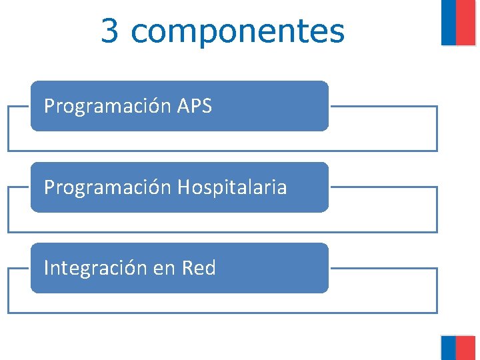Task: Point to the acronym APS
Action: [x=195, y=106]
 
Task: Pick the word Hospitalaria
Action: [x=232, y=187]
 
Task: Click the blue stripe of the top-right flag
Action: [x=449, y=22]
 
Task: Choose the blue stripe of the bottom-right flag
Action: [x=449, y=347]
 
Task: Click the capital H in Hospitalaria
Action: [x=183, y=187]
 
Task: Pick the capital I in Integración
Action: [x=46, y=268]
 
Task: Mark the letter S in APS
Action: [x=206, y=106]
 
